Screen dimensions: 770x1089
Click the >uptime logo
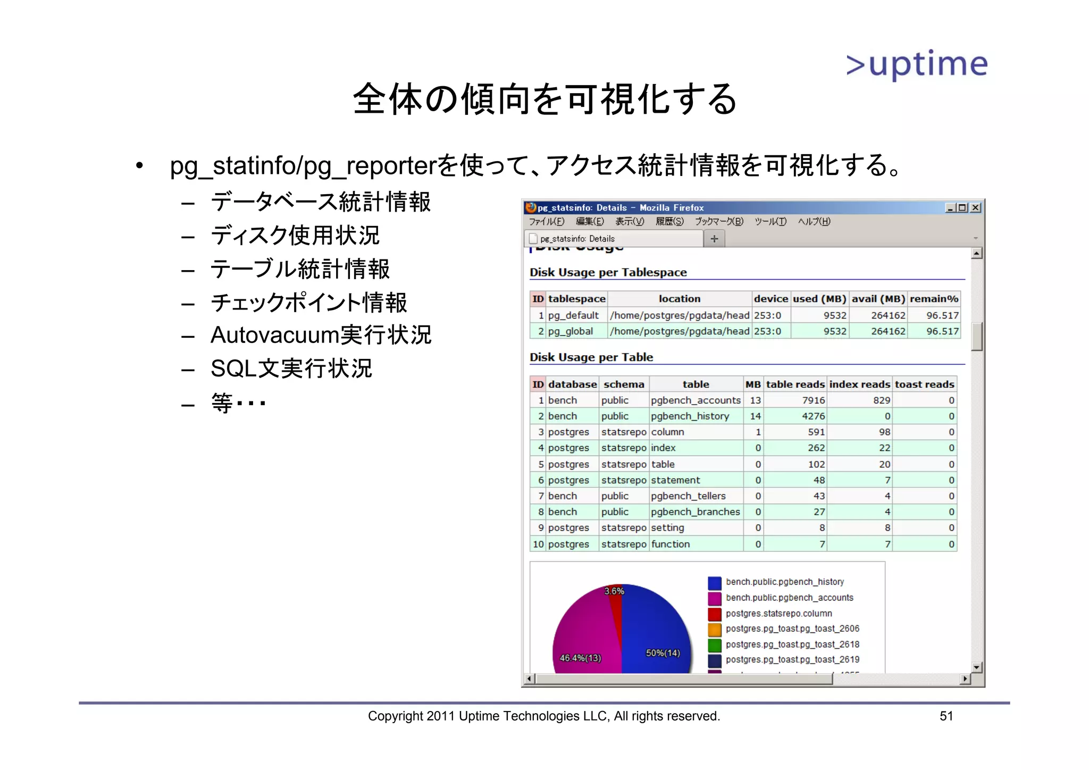click(x=917, y=65)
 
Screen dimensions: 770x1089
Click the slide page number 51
click(x=946, y=716)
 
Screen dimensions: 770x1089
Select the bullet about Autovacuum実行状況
click(x=321, y=335)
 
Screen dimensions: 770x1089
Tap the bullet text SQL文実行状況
click(x=291, y=369)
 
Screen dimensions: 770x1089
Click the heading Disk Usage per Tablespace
click(x=608, y=272)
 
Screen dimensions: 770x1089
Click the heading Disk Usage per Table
click(x=591, y=357)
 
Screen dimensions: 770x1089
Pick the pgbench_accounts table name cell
click(x=696, y=400)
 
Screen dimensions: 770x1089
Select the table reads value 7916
click(x=813, y=400)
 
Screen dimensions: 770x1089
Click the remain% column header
click(x=933, y=299)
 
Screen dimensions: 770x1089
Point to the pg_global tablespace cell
click(x=570, y=331)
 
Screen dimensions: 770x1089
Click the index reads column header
click(x=859, y=384)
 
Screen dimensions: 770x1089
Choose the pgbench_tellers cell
click(x=688, y=496)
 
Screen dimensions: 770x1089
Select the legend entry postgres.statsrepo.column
click(x=778, y=613)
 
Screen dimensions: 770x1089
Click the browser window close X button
click(x=975, y=207)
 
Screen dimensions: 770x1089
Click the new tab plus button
click(x=714, y=239)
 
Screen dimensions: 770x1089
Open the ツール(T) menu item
click(x=770, y=222)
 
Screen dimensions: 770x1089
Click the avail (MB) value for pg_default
click(x=887, y=315)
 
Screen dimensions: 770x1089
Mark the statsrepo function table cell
click(x=670, y=544)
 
